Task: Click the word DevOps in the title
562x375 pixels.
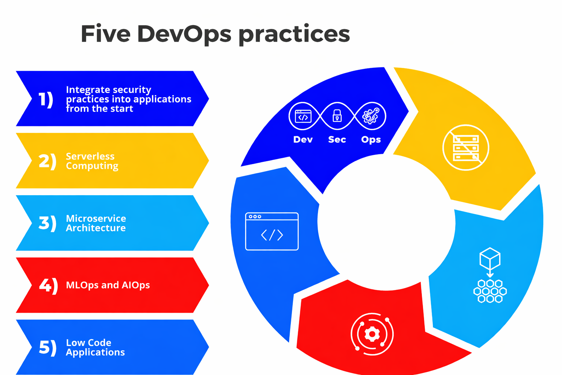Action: pyautogui.click(x=184, y=34)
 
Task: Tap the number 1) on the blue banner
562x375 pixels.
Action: pyautogui.click(x=46, y=99)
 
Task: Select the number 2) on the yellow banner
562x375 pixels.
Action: pyautogui.click(x=48, y=161)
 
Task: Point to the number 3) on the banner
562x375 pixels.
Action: pyautogui.click(x=48, y=223)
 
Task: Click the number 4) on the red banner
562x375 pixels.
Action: pyautogui.click(x=48, y=285)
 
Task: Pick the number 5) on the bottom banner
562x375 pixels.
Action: pyautogui.click(x=48, y=347)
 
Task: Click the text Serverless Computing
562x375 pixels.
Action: pyautogui.click(x=92, y=161)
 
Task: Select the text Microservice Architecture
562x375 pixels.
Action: pyautogui.click(x=96, y=223)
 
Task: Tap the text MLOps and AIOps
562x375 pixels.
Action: pyautogui.click(x=108, y=285)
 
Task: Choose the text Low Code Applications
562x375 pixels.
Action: pyautogui.click(x=95, y=347)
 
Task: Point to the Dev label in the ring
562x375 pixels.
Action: pyautogui.click(x=303, y=140)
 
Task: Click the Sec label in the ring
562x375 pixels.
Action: pyautogui.click(x=337, y=140)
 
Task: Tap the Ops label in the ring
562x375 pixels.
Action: pyautogui.click(x=371, y=140)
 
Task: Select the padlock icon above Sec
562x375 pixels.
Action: pyautogui.click(x=337, y=116)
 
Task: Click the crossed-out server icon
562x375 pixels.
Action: pyautogui.click(x=466, y=148)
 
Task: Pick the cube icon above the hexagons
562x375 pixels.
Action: pyautogui.click(x=490, y=258)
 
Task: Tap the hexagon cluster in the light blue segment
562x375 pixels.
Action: pyautogui.click(x=490, y=291)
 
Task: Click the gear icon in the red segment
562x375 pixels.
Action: pyautogui.click(x=372, y=334)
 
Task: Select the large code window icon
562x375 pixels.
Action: pyautogui.click(x=272, y=231)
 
